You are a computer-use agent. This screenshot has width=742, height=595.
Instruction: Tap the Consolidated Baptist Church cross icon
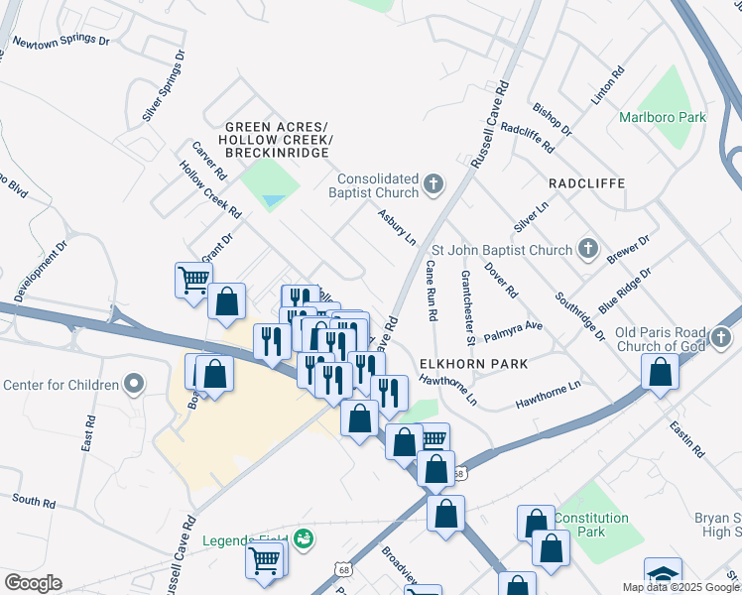433,183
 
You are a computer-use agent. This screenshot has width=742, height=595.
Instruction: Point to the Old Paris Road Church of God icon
722,339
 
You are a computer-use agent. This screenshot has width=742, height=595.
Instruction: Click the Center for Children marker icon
134,384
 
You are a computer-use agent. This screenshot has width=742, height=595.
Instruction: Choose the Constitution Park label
591,525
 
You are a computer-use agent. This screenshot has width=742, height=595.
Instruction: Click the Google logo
33,583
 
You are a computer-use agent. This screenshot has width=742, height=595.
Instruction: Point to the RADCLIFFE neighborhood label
583,184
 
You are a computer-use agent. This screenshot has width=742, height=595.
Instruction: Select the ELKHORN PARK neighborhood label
472,364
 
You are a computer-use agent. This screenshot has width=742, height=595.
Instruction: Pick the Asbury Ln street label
396,226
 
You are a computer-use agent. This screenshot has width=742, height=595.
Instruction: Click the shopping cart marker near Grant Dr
193,278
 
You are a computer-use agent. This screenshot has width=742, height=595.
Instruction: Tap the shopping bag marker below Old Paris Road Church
660,372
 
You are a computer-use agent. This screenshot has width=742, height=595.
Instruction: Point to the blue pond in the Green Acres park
271,201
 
